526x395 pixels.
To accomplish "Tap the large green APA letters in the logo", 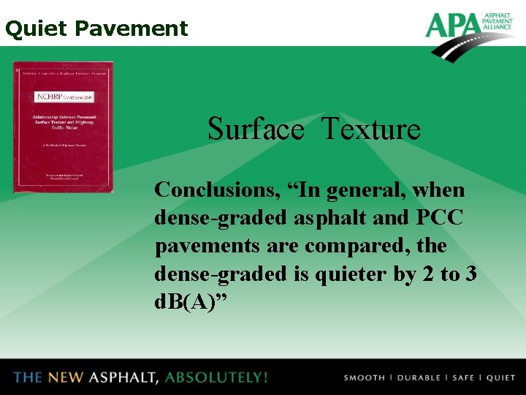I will pos(451,26).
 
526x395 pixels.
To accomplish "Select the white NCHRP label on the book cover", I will pos(63,97).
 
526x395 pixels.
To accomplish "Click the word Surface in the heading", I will pos(255,129).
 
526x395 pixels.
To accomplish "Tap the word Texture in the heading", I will pos(370,129).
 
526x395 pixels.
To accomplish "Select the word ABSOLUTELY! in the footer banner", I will pos(216,377).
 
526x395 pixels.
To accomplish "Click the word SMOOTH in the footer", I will pos(364,378).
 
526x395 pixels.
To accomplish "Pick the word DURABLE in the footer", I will pos(419,378).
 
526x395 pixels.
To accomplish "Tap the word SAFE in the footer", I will pos(463,378).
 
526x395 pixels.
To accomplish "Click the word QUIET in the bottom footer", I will pos(500,378).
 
